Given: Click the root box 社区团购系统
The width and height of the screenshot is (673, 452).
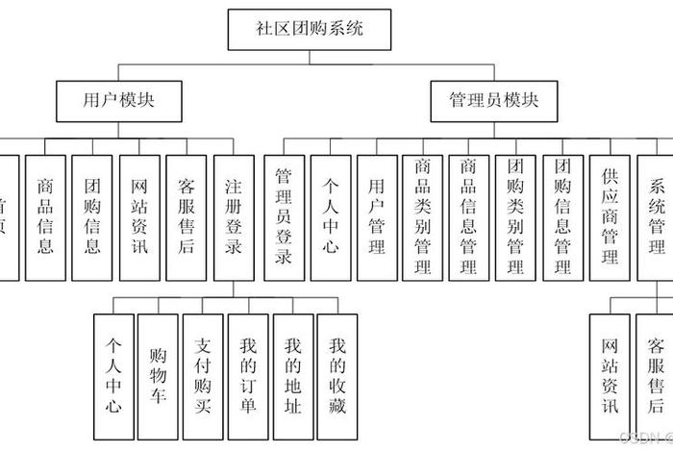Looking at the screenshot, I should (310, 29).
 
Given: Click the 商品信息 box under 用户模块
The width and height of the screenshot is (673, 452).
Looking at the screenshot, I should (45, 217).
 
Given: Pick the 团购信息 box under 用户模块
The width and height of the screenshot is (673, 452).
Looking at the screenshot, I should (92, 217).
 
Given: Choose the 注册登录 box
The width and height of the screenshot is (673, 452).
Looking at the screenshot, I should (234, 217).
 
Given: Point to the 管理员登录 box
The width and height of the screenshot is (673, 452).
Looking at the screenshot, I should (284, 217).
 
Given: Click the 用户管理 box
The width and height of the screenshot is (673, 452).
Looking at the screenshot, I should (377, 217).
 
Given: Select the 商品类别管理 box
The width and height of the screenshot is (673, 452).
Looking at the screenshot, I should (423, 217).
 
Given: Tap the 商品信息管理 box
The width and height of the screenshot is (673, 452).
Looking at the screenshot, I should (469, 217).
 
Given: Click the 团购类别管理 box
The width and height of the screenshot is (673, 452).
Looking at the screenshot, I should (515, 217).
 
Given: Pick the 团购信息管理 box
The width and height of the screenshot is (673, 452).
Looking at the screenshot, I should (562, 217).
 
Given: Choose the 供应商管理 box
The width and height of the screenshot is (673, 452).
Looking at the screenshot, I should (610, 217).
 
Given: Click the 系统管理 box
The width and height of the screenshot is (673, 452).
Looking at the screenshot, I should (657, 217).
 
